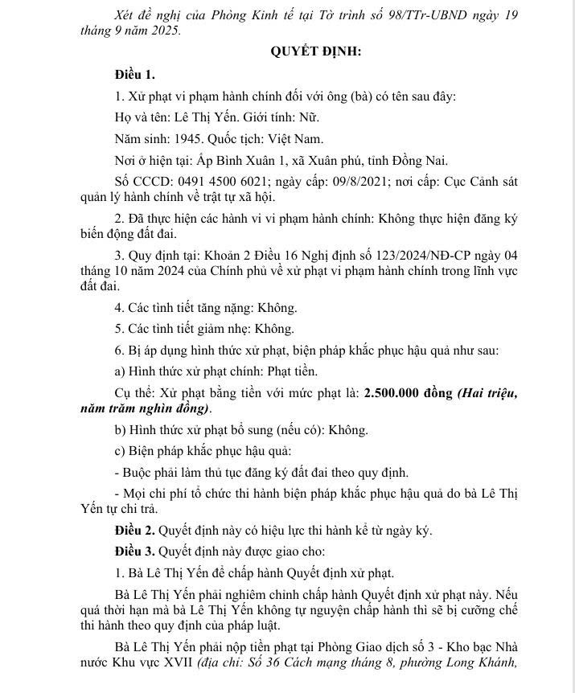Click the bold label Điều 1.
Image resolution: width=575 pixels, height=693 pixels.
tap(134, 75)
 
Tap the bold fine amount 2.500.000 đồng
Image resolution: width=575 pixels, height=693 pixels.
tap(409, 393)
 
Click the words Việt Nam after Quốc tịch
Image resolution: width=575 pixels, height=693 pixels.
tap(297, 139)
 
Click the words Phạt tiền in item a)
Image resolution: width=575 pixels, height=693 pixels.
tap(291, 371)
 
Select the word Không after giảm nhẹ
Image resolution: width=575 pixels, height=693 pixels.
tap(273, 329)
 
